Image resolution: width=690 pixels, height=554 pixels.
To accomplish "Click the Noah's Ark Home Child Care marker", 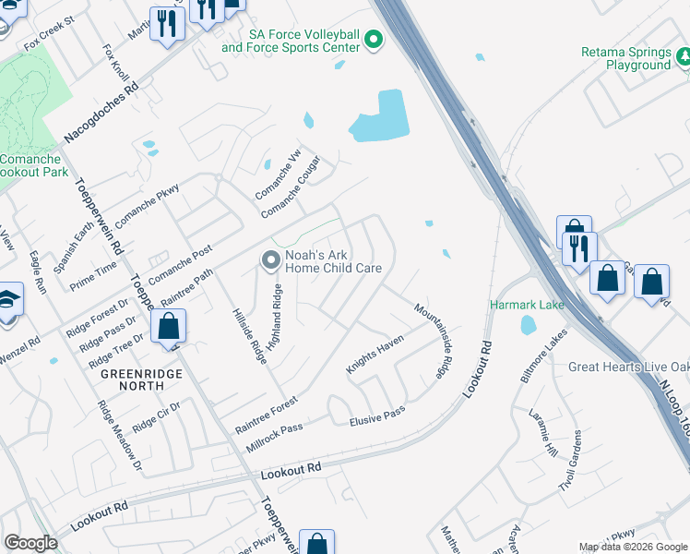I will (x=270, y=261).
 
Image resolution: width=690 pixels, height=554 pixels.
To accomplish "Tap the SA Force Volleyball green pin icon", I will (x=374, y=40).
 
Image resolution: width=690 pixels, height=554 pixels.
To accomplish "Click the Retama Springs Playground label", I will (x=625, y=58).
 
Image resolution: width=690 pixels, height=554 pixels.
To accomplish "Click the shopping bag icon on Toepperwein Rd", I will (x=168, y=326).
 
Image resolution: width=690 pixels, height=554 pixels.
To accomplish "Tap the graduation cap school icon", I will (x=7, y=302).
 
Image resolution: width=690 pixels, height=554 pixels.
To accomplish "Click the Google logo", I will (x=30, y=543).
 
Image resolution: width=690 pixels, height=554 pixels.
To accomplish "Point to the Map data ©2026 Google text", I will (x=632, y=547).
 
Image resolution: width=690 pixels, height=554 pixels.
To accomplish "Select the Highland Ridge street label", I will (x=274, y=317).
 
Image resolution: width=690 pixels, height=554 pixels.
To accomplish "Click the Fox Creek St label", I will (x=49, y=32).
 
